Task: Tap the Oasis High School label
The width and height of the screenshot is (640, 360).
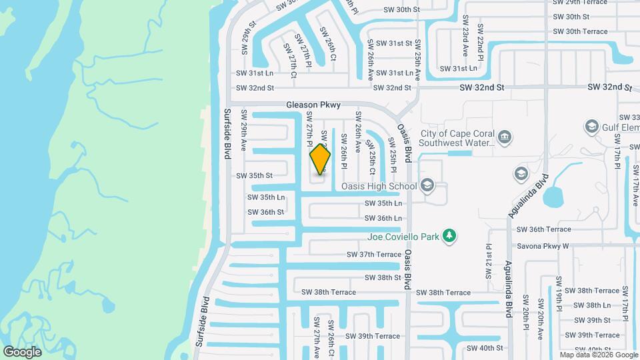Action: click(379, 187)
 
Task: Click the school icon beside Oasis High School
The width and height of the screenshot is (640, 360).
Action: click(427, 186)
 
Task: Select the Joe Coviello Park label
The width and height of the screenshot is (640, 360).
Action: click(405, 236)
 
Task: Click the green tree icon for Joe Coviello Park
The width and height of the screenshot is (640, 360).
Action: click(451, 235)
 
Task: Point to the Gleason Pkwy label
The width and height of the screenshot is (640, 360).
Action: click(313, 105)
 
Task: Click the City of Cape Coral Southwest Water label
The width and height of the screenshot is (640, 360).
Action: click(457, 137)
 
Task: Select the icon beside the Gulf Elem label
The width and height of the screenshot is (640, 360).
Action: click(591, 127)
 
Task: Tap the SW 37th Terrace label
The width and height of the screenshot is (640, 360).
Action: click(374, 255)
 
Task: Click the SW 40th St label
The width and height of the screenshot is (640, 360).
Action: click(485, 348)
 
